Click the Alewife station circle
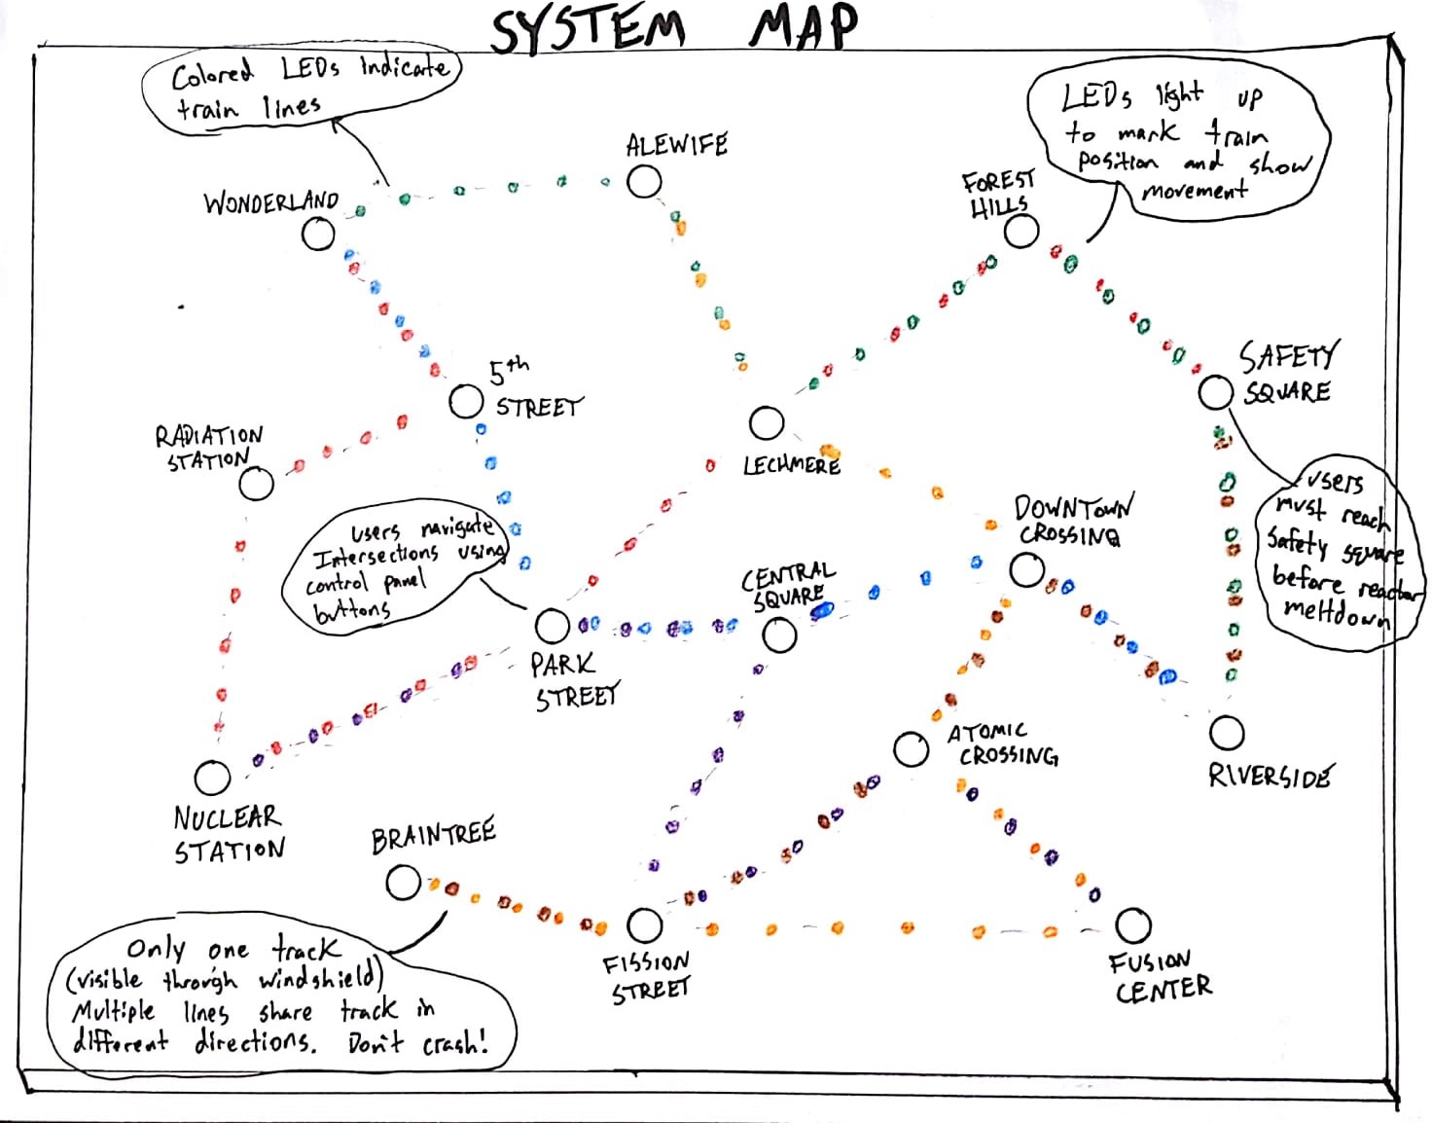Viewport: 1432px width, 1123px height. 644,182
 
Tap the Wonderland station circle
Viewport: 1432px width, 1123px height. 318,234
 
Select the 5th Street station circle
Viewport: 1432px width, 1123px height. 467,401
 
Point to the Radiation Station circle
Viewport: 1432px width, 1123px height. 257,484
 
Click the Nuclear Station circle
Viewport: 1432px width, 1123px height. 212,777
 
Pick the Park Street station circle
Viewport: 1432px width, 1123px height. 552,626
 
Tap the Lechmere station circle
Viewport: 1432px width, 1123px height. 767,423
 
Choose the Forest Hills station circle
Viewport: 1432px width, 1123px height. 1020,232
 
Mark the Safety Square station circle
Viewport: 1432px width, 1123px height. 1215,392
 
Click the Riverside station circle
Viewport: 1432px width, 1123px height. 1227,733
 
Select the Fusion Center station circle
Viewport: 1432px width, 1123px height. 1132,925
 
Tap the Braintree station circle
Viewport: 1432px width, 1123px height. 403,883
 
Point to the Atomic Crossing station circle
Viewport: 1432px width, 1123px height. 911,749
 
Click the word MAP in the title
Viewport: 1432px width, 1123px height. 804,26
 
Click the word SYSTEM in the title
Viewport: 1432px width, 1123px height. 588,29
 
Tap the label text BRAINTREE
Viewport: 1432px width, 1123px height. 433,836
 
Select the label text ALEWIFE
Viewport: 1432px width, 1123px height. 677,146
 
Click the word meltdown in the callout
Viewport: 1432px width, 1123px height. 1337,614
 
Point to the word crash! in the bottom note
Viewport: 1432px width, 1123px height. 455,1044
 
